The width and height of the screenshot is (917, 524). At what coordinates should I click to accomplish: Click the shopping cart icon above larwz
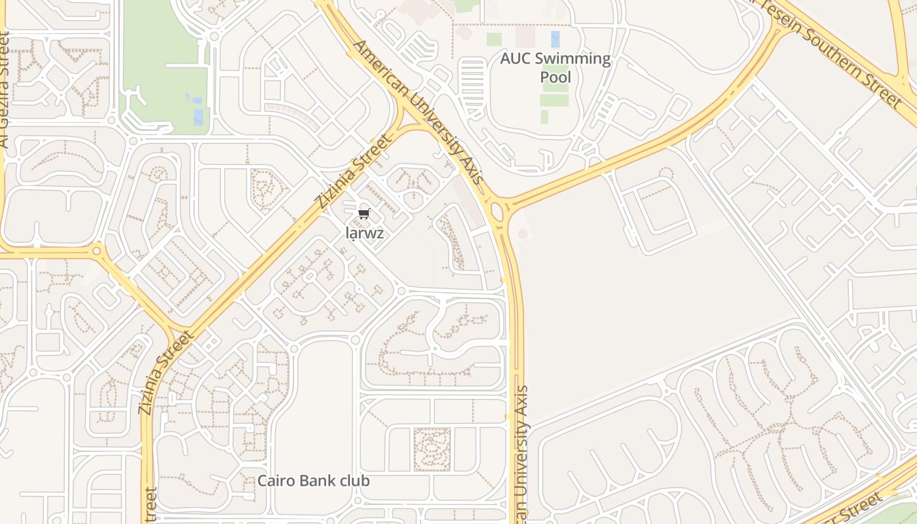coord(364,214)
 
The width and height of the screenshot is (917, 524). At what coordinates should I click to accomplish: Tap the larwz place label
coord(364,233)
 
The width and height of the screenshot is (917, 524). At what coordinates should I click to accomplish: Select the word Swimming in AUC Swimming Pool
coord(572,59)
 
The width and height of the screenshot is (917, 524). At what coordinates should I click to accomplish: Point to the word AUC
coord(516,59)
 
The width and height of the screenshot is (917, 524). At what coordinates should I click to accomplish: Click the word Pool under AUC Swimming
coord(555,78)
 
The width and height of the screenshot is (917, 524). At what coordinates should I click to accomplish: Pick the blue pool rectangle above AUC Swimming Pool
coord(555,39)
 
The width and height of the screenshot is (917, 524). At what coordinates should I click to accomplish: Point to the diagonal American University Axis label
coord(419,111)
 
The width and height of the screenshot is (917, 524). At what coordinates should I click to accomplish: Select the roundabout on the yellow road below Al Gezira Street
coord(97,250)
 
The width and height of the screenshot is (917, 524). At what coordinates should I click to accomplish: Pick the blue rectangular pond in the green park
coord(198,117)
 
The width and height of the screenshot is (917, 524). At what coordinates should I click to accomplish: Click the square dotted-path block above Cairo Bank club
coord(432,450)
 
